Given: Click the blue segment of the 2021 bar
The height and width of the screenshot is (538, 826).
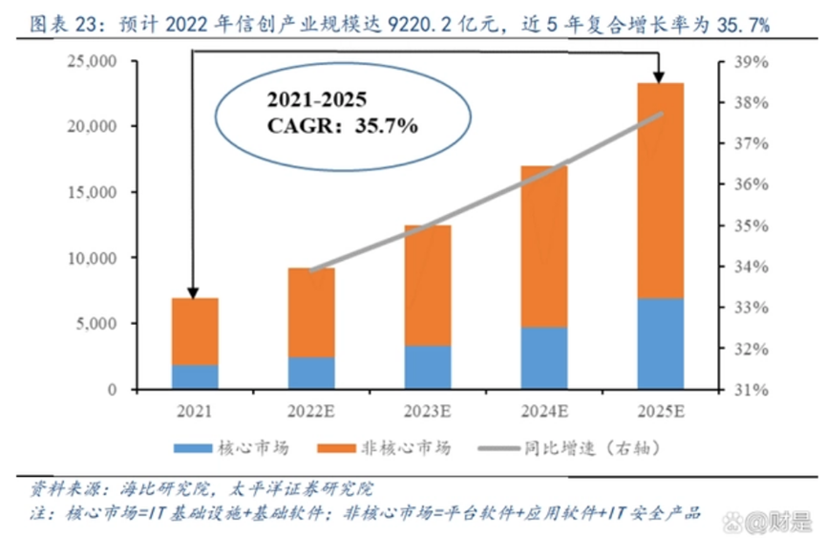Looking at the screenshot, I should pos(195,377).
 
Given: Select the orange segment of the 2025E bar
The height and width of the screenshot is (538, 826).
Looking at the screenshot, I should pos(660,191).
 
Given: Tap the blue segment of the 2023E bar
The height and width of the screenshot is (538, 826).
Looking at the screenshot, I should pos(428,367).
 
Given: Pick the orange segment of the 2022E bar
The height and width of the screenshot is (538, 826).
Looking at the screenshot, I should pos(311,312).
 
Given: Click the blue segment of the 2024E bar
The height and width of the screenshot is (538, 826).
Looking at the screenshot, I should pos(543,358).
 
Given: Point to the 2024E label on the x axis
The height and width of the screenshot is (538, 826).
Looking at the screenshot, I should pos(543,412).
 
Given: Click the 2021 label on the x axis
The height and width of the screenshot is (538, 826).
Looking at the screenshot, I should pos(195,412).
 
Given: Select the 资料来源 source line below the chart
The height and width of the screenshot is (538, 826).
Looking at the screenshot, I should pos(201,489).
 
